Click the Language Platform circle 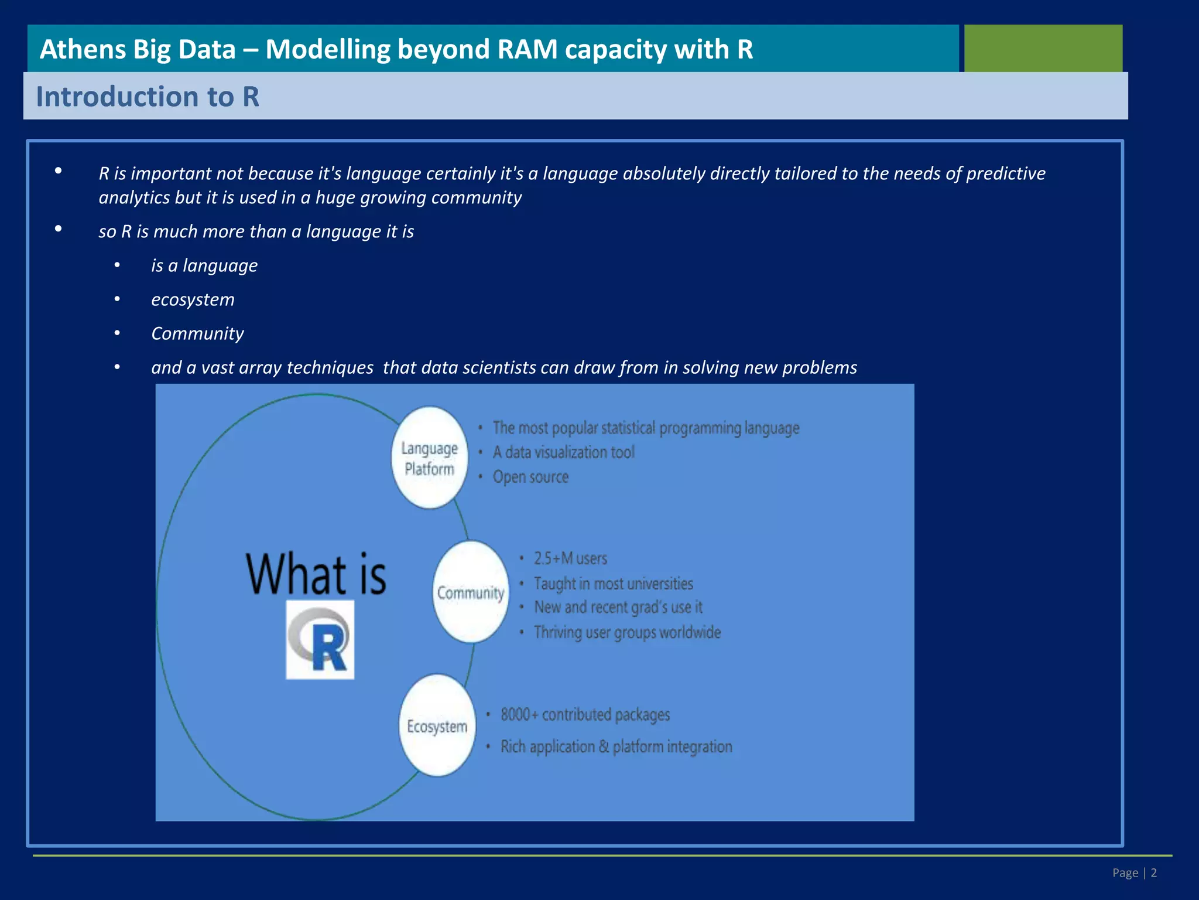click(x=430, y=458)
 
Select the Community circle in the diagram click(x=471, y=592)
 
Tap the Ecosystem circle click(x=437, y=726)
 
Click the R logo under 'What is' click(x=320, y=640)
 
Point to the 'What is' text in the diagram click(x=316, y=574)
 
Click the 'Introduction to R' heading click(x=148, y=97)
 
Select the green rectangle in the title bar click(x=1043, y=48)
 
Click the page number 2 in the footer click(x=1153, y=873)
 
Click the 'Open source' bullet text click(x=530, y=477)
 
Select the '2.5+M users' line click(x=570, y=558)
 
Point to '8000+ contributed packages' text click(x=585, y=715)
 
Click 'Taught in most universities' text click(x=613, y=584)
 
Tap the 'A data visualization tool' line click(x=563, y=452)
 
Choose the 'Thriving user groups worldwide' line click(x=627, y=632)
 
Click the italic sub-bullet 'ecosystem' click(x=193, y=299)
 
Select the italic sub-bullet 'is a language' click(x=204, y=265)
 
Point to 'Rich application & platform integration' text click(x=616, y=746)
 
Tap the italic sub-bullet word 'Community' click(x=197, y=333)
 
